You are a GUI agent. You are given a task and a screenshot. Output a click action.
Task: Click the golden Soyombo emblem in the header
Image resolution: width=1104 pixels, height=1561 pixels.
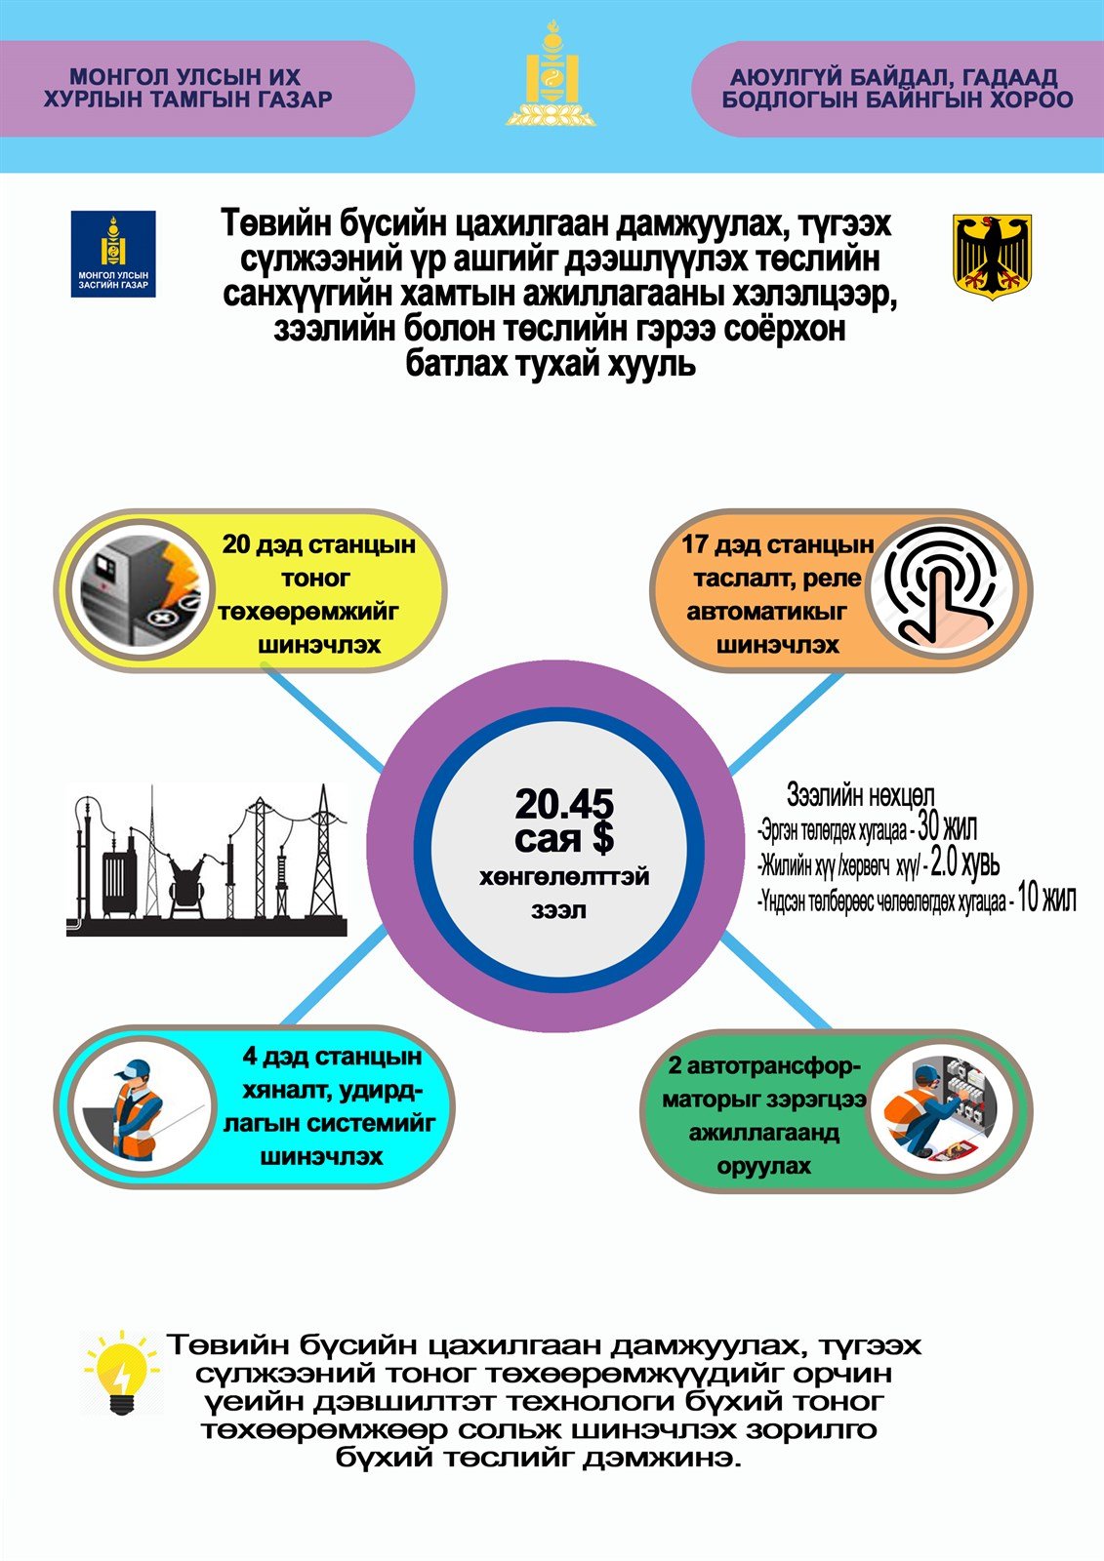point(552,75)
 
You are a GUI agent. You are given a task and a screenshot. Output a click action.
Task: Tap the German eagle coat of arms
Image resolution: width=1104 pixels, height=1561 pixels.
point(992,257)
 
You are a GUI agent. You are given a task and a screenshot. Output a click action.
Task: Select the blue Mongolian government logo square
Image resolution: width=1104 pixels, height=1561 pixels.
point(113,254)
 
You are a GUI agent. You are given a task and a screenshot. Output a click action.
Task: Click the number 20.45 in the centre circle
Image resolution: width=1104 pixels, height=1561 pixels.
point(564,805)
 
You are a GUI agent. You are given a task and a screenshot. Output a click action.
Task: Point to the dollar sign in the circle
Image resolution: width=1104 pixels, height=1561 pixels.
point(602,837)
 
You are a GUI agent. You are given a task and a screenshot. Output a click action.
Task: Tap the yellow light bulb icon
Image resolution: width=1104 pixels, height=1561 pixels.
point(121,1372)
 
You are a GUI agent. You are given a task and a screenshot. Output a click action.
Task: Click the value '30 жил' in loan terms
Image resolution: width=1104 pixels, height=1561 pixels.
point(947,829)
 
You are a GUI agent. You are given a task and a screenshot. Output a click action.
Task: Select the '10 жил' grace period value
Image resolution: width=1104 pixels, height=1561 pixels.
point(1045,898)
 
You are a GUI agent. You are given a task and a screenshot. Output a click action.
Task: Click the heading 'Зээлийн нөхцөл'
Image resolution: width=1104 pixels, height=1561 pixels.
point(860,797)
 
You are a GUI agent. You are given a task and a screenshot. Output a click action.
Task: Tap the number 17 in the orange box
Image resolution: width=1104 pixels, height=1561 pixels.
point(694,544)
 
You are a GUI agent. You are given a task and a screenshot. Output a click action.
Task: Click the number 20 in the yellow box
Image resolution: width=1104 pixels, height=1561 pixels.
point(236,544)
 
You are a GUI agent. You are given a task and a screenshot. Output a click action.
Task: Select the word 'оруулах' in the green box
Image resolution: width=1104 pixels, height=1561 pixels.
point(763,1166)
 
